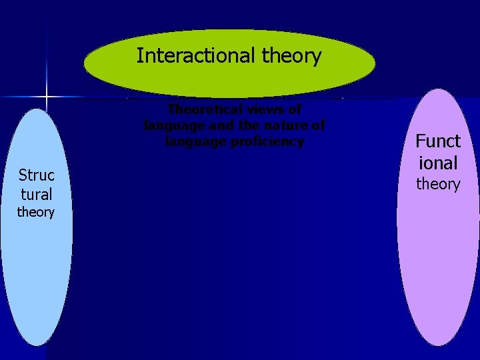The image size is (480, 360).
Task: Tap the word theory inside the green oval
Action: tap(291, 56)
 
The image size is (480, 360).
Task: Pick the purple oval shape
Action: tap(438, 267)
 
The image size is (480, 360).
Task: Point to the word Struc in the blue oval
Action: tap(36, 175)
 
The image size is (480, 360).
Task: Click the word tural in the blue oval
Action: tap(36, 195)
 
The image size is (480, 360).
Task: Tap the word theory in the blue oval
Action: tap(36, 213)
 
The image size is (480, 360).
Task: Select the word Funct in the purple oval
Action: tap(438, 141)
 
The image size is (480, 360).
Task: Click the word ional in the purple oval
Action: tap(438, 163)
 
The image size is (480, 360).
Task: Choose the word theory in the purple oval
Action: tap(438, 184)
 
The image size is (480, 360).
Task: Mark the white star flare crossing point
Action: tap(47, 98)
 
